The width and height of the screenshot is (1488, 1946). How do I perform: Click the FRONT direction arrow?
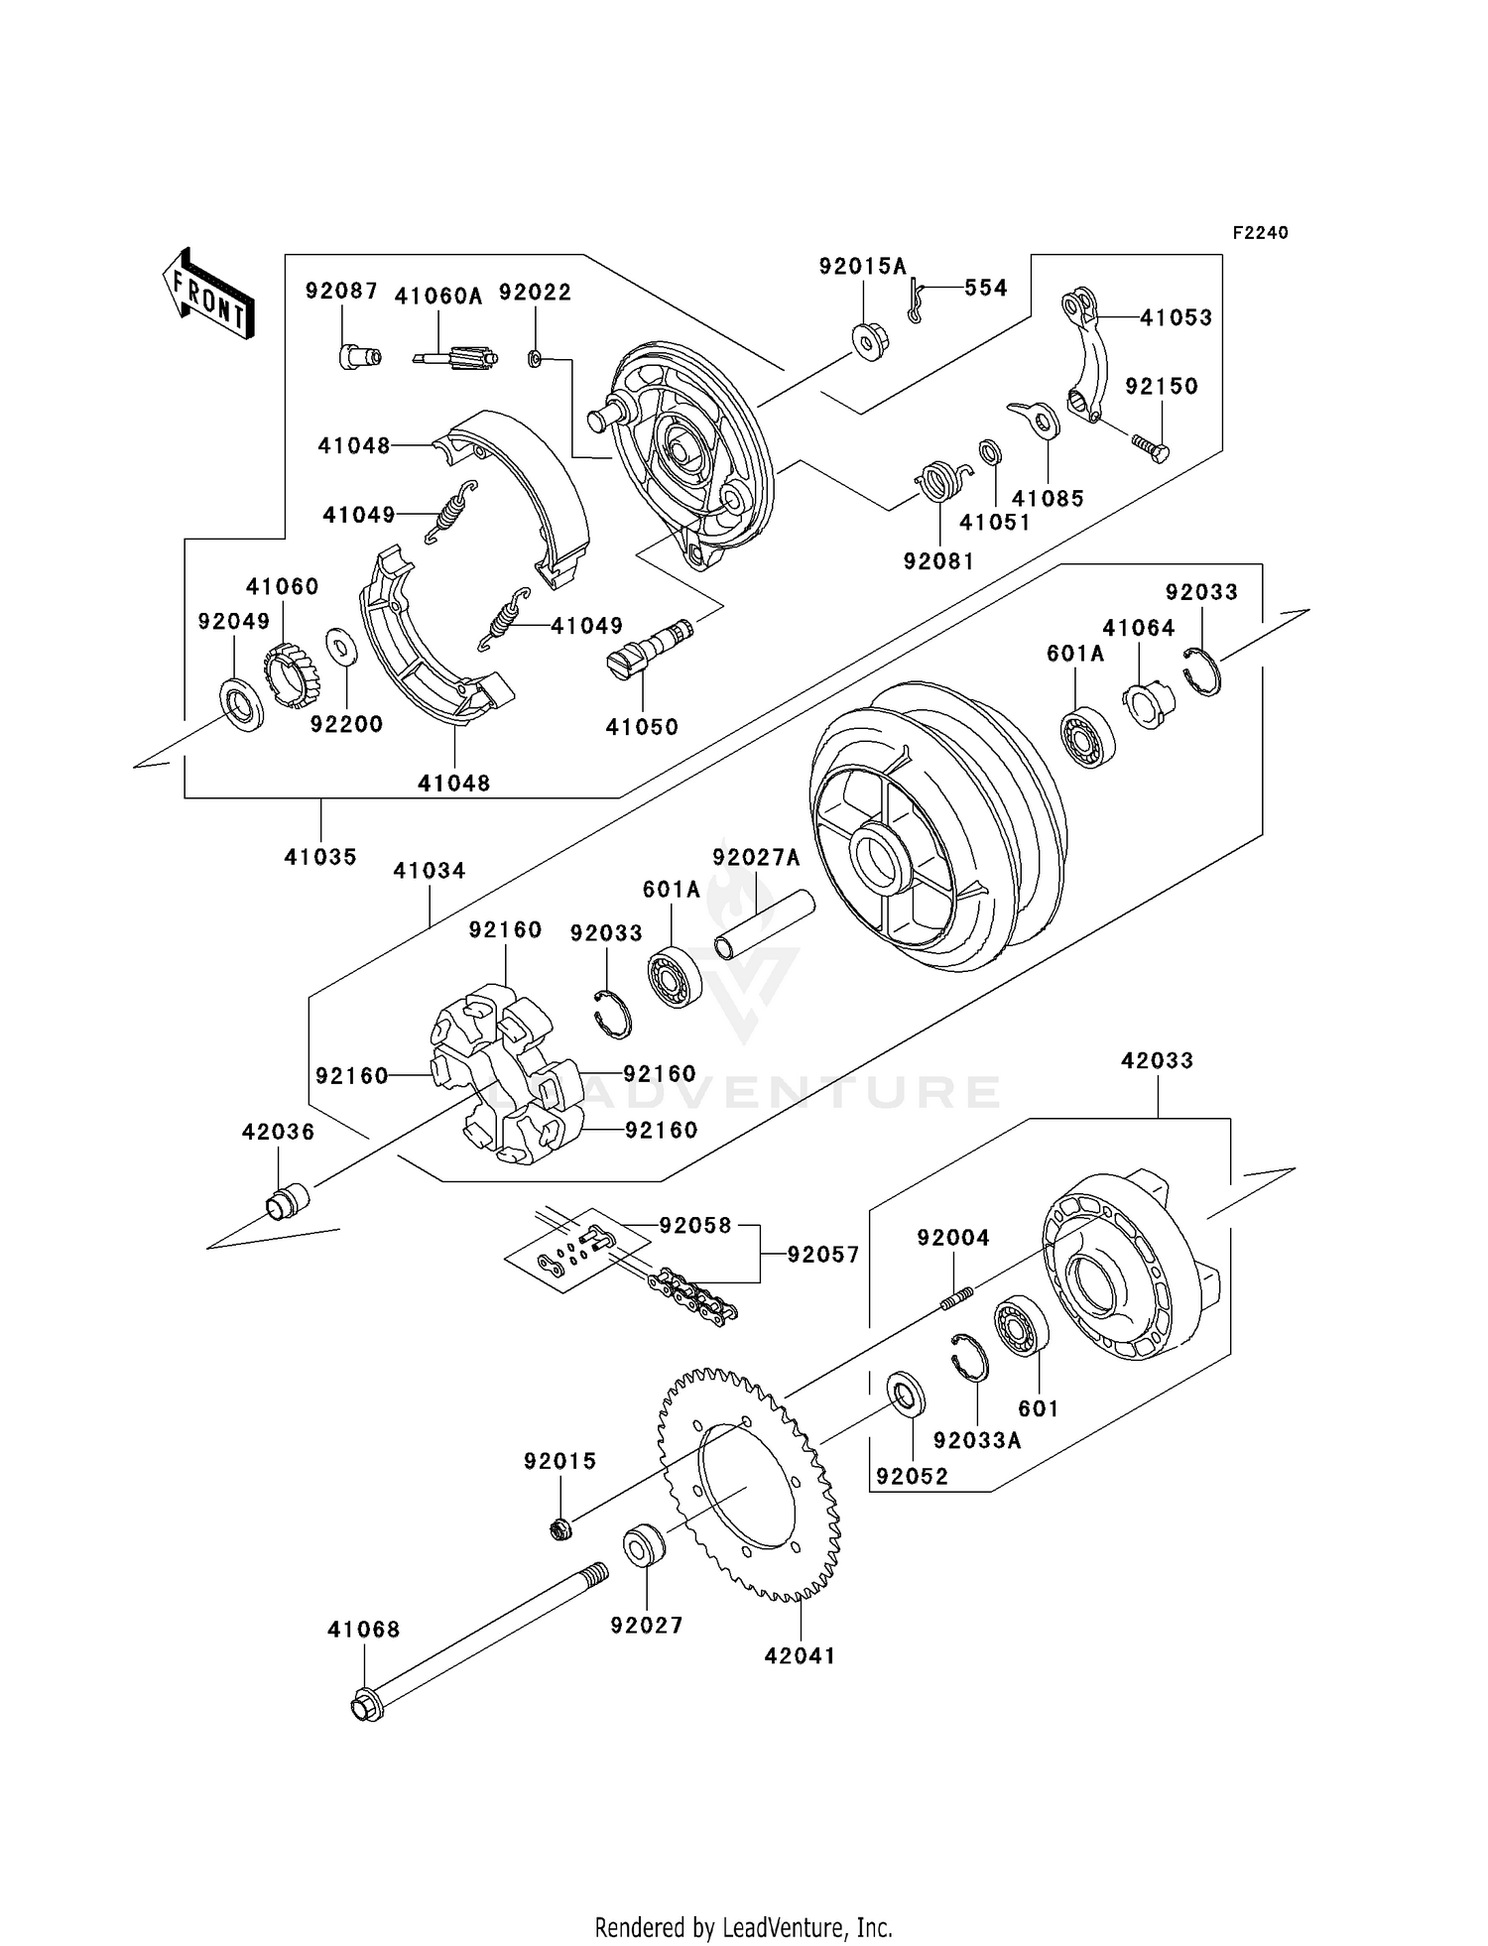coord(208,296)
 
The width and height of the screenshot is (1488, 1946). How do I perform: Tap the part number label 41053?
coord(1176,317)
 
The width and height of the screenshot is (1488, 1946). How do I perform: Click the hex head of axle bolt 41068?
coord(365,1707)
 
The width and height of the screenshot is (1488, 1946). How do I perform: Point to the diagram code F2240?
coord(1260,233)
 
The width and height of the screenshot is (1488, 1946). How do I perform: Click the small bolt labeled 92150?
coord(1151,447)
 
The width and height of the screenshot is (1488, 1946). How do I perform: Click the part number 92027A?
coord(756,857)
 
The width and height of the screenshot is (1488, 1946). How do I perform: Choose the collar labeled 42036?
coord(287,1201)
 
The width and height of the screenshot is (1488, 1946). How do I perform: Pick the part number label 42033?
coord(1157,1060)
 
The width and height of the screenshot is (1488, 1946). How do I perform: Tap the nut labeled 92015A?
coord(870,342)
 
